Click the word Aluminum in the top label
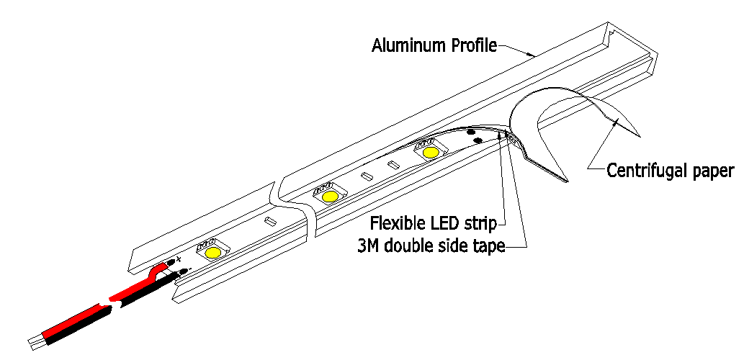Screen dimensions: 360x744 pos(405,47)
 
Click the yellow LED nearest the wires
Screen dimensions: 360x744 pos(213,253)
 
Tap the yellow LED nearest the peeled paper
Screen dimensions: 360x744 pos(431,153)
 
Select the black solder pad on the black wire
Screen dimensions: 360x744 pos(184,271)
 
